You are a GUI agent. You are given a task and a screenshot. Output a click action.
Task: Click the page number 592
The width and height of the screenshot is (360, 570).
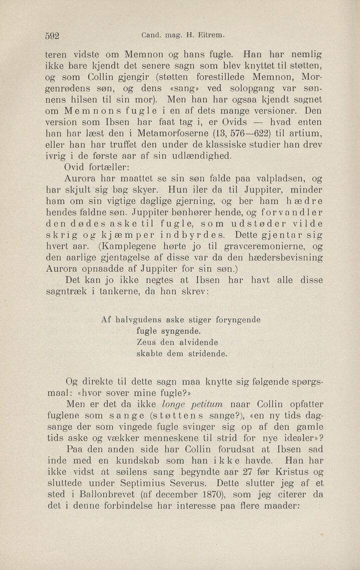click(53, 36)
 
